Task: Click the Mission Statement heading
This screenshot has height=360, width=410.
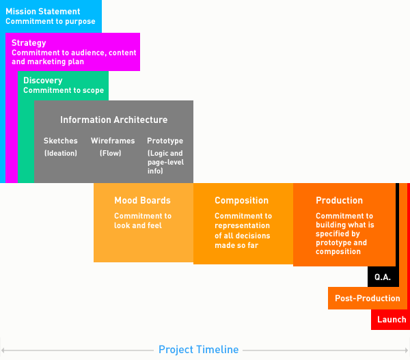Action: click(x=43, y=12)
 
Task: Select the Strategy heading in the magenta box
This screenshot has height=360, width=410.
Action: click(x=29, y=43)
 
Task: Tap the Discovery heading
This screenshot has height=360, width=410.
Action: click(x=43, y=81)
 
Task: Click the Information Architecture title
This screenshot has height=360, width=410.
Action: click(x=113, y=120)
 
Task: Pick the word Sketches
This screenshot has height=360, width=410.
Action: click(x=61, y=141)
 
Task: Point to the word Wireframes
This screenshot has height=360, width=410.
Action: click(x=113, y=141)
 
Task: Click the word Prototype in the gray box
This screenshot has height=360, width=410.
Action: click(x=165, y=141)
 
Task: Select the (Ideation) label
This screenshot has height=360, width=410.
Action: click(x=61, y=153)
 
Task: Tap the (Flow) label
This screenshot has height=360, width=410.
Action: click(x=110, y=153)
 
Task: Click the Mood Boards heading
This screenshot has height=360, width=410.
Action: click(x=143, y=201)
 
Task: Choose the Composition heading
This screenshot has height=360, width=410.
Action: click(x=242, y=201)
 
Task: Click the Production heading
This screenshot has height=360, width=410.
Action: click(x=340, y=201)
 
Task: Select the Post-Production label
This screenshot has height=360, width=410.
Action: click(x=368, y=299)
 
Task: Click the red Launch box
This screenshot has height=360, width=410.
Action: click(x=391, y=320)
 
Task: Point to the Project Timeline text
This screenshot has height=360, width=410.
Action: click(x=198, y=350)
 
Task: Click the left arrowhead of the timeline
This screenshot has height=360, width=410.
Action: click(x=3, y=350)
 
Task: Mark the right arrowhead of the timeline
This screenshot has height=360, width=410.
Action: click(x=407, y=350)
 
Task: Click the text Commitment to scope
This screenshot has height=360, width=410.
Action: click(x=64, y=90)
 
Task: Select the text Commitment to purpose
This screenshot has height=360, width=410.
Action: click(x=51, y=21)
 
